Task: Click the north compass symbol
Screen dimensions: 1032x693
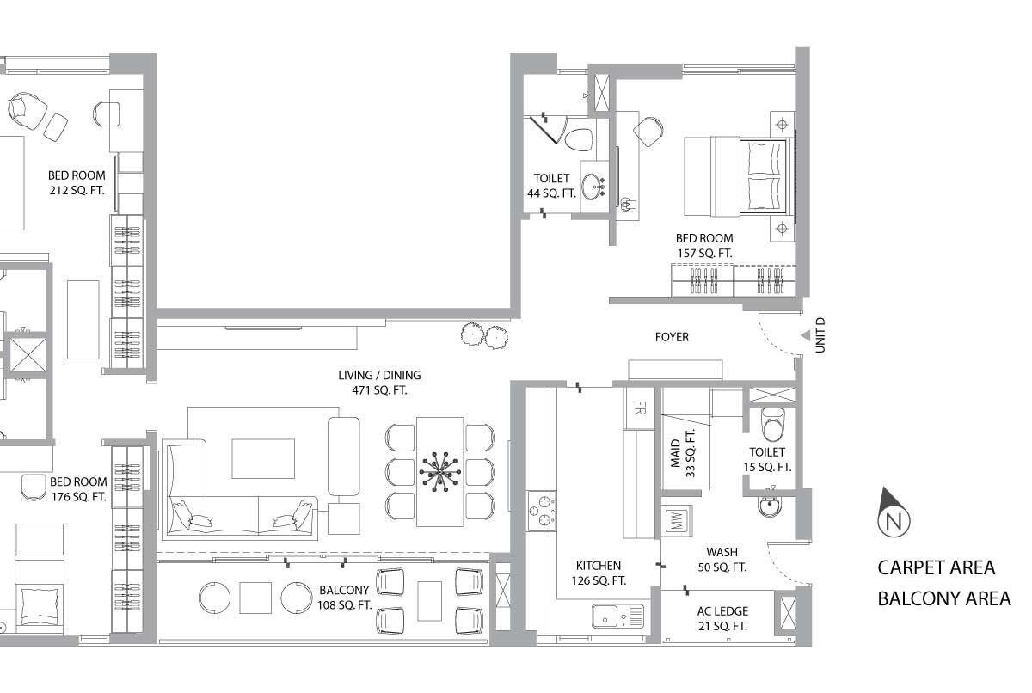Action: (x=894, y=513)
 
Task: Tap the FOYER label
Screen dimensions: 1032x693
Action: (x=672, y=337)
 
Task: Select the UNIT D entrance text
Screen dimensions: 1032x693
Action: (x=820, y=335)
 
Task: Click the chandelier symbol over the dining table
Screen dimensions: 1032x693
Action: (x=440, y=471)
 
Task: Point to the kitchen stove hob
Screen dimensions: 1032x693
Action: (x=541, y=511)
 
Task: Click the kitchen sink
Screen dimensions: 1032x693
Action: (x=617, y=616)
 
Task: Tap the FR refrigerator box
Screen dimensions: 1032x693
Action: (x=639, y=408)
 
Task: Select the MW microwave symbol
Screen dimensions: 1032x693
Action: (x=676, y=521)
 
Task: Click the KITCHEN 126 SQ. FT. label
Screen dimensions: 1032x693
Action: (x=599, y=573)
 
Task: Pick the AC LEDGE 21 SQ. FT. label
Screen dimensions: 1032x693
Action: (x=722, y=618)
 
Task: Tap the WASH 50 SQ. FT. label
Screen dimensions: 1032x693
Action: (x=722, y=560)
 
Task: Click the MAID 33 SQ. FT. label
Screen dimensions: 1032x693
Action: (x=683, y=453)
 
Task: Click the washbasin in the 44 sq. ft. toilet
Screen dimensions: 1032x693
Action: (x=592, y=187)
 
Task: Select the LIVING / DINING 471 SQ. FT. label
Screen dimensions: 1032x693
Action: (x=379, y=383)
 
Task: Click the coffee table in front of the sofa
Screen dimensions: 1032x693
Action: (x=263, y=458)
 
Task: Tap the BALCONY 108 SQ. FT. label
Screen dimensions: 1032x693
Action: (x=344, y=598)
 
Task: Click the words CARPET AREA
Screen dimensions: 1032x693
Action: (x=937, y=567)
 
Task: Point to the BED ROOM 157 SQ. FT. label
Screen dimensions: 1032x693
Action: (x=704, y=245)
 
